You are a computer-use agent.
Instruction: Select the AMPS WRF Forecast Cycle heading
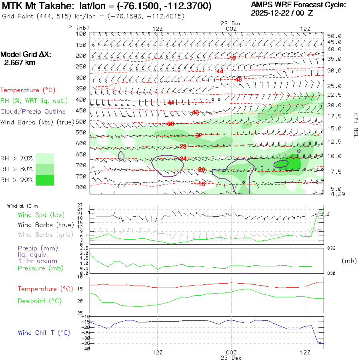pyautogui.click(x=298, y=5)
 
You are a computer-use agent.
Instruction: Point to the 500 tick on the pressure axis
pyautogui.click(x=81, y=122)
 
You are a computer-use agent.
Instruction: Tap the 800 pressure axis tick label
pyautogui.click(x=81, y=187)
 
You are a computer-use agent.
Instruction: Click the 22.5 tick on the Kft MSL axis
pyautogui.click(x=334, y=95)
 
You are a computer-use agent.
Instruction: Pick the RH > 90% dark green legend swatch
pyautogui.click(x=44, y=180)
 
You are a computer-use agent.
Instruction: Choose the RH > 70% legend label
pyautogui.click(x=17, y=158)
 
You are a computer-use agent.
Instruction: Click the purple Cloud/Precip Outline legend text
pyautogui.click(x=33, y=111)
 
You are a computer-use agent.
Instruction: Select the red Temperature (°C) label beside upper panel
pyautogui.click(x=25, y=90)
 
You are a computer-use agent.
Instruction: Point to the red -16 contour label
pyautogui.click(x=201, y=184)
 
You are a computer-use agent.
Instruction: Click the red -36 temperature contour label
pyautogui.click(x=170, y=124)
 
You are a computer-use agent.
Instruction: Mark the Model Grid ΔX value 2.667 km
pyautogui.click(x=19, y=63)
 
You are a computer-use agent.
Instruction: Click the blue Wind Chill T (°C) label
pyautogui.click(x=44, y=333)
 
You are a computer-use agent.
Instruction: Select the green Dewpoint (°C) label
pyautogui.click(x=39, y=301)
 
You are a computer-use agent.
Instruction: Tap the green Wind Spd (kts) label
pyautogui.click(x=41, y=215)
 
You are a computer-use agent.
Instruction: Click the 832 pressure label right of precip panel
pyautogui.click(x=331, y=248)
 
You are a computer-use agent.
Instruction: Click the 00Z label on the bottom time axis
pyautogui.click(x=231, y=352)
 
